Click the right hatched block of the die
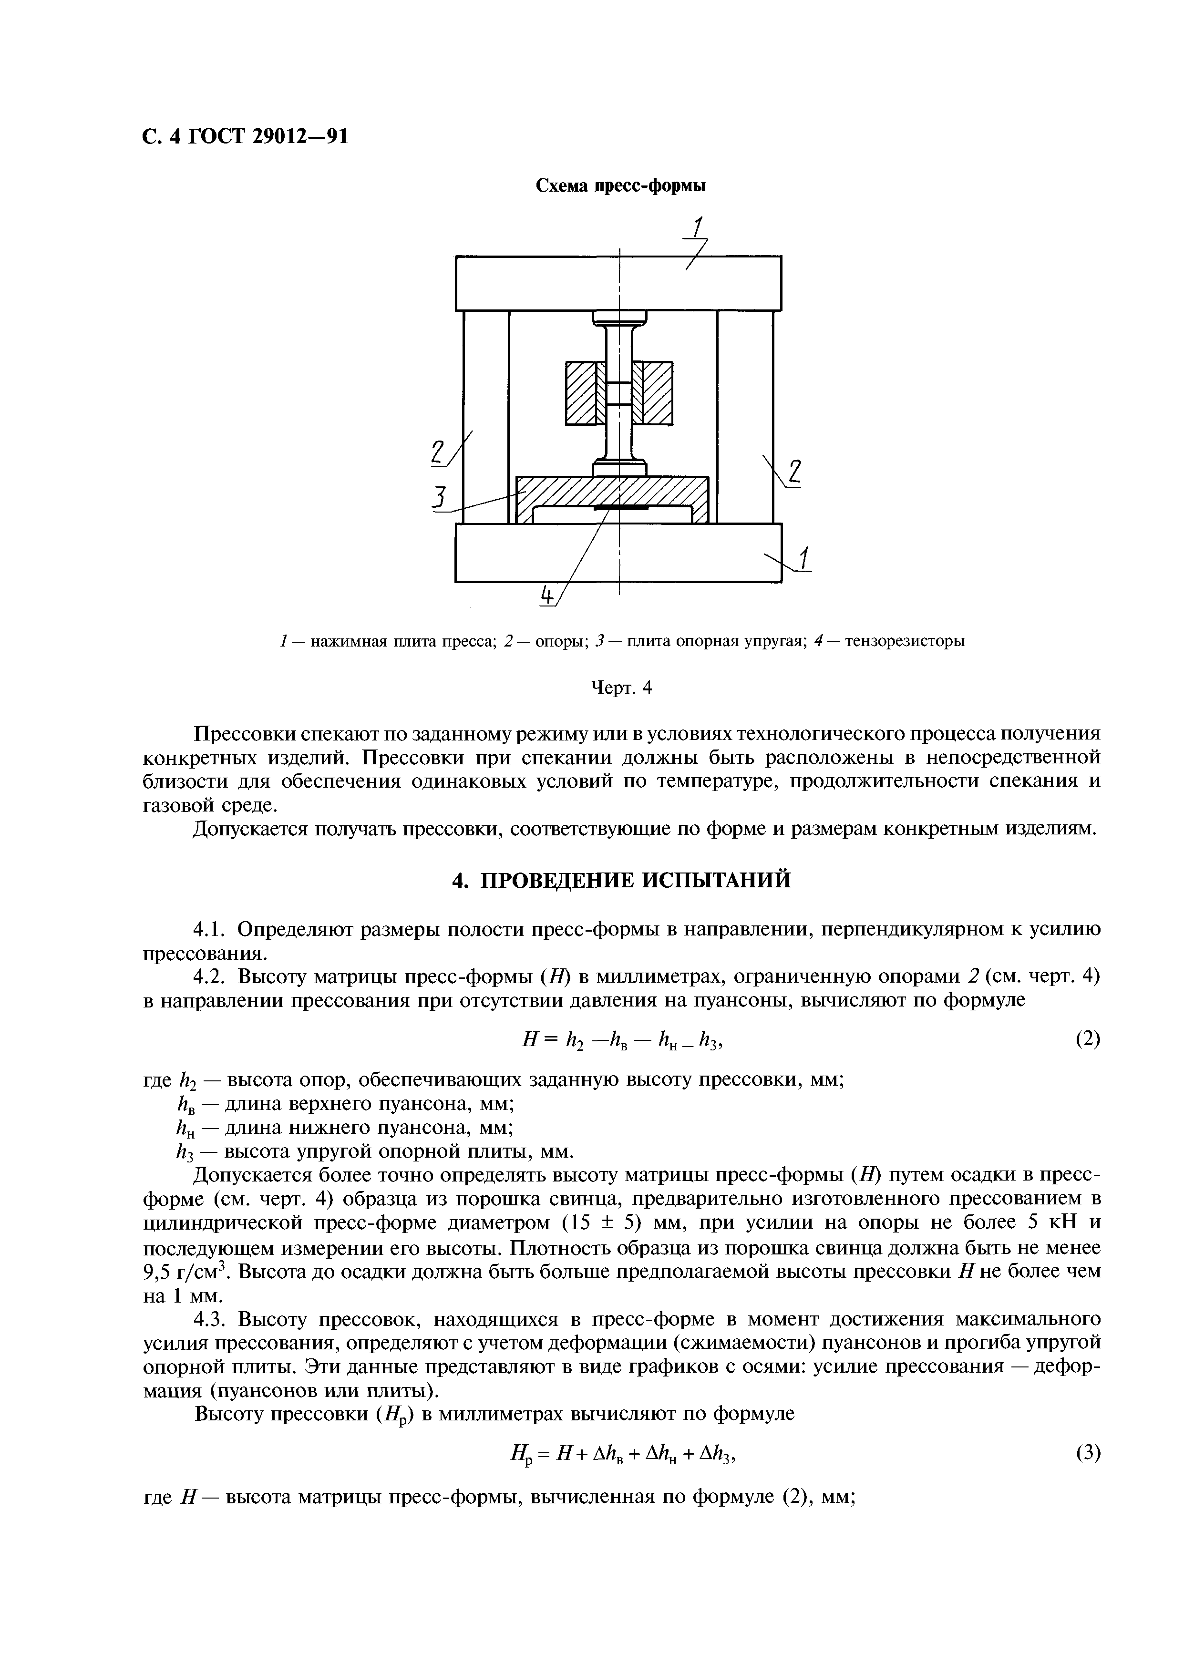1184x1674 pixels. (657, 393)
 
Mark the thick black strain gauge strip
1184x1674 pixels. (620, 507)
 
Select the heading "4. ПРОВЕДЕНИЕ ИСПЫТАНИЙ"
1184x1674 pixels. (620, 881)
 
